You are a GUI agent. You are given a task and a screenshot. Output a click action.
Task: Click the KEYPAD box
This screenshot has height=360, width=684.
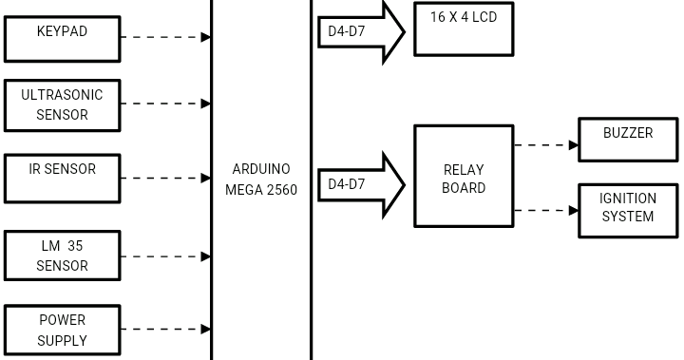[x=63, y=38]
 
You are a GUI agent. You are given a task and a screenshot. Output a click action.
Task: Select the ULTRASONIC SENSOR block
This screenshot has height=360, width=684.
[x=63, y=104]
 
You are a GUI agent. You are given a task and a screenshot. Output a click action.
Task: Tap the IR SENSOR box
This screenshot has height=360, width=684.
[x=63, y=178]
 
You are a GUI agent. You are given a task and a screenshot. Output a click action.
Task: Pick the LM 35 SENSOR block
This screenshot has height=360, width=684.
[x=63, y=256]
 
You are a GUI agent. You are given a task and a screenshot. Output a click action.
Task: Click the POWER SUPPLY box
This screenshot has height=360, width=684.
[x=63, y=330]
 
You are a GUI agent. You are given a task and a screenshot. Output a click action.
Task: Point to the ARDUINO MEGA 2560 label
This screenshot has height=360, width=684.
[x=261, y=180]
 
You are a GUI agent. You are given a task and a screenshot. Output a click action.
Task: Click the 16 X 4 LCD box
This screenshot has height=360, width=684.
[x=464, y=28]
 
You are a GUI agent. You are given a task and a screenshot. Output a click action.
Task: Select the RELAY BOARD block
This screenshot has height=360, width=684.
[x=464, y=177]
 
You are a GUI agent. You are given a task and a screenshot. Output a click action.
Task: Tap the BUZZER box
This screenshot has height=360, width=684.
[x=628, y=140]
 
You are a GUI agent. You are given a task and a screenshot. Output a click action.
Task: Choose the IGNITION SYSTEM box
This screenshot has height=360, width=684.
[x=628, y=210]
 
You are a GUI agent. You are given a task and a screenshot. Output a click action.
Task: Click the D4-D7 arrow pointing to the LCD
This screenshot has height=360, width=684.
[x=361, y=32]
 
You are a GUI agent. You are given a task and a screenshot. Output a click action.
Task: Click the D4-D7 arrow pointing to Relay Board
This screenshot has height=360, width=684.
[x=361, y=184]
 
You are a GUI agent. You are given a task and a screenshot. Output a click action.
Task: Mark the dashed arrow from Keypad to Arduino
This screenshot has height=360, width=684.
[x=166, y=37]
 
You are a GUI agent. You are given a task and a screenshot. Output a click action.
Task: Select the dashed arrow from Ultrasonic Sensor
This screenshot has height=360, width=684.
[x=166, y=104]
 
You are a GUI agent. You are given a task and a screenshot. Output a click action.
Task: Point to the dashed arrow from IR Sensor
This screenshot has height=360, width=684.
[x=166, y=178]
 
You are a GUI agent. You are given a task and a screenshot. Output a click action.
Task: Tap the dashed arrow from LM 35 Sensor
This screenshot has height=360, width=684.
[x=166, y=256]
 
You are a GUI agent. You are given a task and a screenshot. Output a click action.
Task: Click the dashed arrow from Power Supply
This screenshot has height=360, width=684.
[x=166, y=330]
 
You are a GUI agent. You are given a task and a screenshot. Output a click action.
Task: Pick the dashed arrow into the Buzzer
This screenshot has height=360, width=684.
[x=546, y=145]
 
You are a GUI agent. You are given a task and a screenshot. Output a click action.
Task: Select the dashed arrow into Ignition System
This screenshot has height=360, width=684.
[x=546, y=210]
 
